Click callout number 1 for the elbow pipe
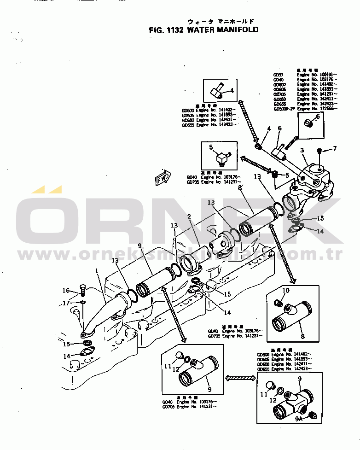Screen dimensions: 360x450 [x=98, y=272]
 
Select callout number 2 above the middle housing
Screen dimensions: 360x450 [x=189, y=216]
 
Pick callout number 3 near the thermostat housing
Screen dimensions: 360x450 [x=302, y=150]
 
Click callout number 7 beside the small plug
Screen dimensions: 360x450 [x=335, y=148]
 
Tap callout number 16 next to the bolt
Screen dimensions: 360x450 [x=66, y=291]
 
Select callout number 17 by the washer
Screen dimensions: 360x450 [x=66, y=303]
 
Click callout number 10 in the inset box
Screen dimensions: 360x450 [x=285, y=290]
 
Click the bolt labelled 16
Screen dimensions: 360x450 [x=82, y=291]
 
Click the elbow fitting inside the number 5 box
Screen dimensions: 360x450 [x=221, y=159]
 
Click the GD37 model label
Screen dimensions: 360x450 [x=278, y=74]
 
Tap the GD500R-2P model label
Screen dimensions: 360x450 [x=283, y=109]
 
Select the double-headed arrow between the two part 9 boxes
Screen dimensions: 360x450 [x=240, y=378]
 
